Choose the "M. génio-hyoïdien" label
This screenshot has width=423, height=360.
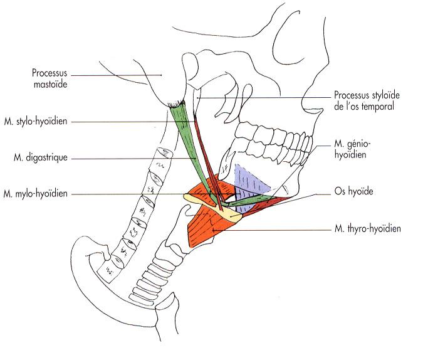349,149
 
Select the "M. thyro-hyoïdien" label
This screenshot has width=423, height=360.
367,230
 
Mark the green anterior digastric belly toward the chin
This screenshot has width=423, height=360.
251,201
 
